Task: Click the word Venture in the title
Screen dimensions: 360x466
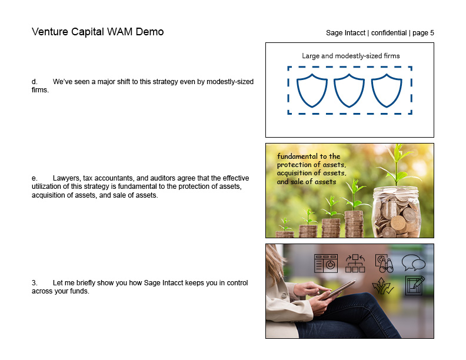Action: [x=51, y=32]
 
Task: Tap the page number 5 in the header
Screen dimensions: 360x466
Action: [x=432, y=33]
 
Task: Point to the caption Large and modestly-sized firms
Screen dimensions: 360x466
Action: [x=350, y=56]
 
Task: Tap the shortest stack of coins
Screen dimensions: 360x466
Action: [x=285, y=234]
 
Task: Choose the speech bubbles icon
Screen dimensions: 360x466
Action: [x=413, y=263]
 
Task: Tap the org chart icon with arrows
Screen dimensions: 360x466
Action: [x=355, y=263]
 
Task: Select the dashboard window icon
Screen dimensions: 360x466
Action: [x=325, y=264]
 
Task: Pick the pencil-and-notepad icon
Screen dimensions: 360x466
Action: [x=415, y=286]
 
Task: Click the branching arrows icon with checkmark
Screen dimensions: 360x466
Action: [x=382, y=286]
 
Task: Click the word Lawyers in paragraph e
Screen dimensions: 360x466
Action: [x=65, y=178]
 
